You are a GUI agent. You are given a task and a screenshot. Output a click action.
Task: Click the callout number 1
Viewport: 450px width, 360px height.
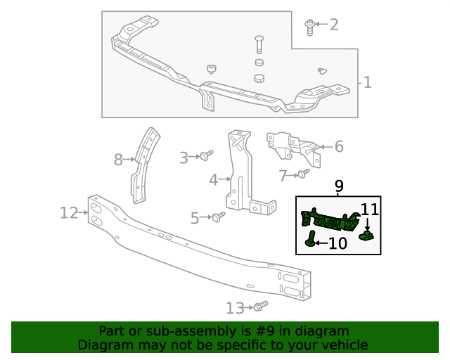pos(367,83)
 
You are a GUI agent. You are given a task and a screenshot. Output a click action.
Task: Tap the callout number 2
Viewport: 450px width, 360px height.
pos(333,25)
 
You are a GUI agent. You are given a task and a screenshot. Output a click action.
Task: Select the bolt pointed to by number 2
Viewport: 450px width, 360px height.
pos(310,26)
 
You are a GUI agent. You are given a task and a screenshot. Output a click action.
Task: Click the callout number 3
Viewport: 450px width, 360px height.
pos(184,158)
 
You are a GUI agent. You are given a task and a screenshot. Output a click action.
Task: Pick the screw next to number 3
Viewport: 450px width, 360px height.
pos(207,155)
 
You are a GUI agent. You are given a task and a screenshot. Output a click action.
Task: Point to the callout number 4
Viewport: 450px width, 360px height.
pos(214,181)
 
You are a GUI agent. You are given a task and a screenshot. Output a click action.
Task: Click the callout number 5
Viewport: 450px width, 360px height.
pos(195,219)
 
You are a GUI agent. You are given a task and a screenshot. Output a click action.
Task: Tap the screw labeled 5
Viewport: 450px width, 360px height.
pos(219,217)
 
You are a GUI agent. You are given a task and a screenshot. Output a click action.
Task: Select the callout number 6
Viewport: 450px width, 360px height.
pos(338,146)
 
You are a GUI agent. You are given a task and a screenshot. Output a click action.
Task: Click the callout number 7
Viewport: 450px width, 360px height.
pos(283,175)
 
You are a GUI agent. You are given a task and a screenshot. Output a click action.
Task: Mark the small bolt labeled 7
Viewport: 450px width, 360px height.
pos(303,173)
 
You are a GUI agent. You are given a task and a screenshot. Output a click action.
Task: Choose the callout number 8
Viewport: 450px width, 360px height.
pos(118,160)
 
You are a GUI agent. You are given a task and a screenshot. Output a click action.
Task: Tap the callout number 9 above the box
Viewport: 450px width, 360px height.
pos(339,186)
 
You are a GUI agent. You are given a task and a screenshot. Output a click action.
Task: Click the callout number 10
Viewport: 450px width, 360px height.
pos(338,243)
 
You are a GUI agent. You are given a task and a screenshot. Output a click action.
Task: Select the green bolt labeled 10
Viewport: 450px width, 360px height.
pos(310,240)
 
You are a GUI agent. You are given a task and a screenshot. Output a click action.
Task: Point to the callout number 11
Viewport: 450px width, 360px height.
pos(370,209)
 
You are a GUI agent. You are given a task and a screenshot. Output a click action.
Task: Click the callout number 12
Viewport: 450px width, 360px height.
pos(68,212)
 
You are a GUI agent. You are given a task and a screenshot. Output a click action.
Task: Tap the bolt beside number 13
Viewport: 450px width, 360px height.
pos(261,306)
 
